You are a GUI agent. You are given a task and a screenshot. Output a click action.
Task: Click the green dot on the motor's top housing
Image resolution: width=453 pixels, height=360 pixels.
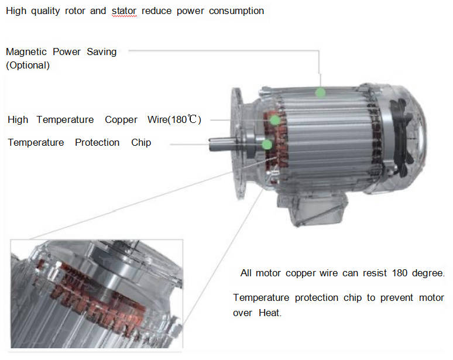click(320, 92)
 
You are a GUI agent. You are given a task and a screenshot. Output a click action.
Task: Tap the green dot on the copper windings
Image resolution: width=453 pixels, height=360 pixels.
click(275, 120)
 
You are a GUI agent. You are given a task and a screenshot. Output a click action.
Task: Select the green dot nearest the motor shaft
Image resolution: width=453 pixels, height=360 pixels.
click(267, 145)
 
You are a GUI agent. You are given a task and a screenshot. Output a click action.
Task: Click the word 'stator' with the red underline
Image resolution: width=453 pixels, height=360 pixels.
click(124, 11)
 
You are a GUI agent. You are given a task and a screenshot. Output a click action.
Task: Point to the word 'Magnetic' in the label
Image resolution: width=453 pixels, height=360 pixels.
click(26, 52)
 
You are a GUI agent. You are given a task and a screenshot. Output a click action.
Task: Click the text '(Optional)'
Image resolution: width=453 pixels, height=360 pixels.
click(28, 66)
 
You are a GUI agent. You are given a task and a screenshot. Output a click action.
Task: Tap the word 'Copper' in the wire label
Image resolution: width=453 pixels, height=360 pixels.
click(121, 119)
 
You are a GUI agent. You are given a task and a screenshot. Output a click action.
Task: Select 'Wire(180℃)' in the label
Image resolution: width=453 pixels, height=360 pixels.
click(174, 119)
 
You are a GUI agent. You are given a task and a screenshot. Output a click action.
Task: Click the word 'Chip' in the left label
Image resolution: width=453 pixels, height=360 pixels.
click(141, 142)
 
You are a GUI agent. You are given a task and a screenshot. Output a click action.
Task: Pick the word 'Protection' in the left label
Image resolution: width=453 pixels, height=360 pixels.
click(97, 142)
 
